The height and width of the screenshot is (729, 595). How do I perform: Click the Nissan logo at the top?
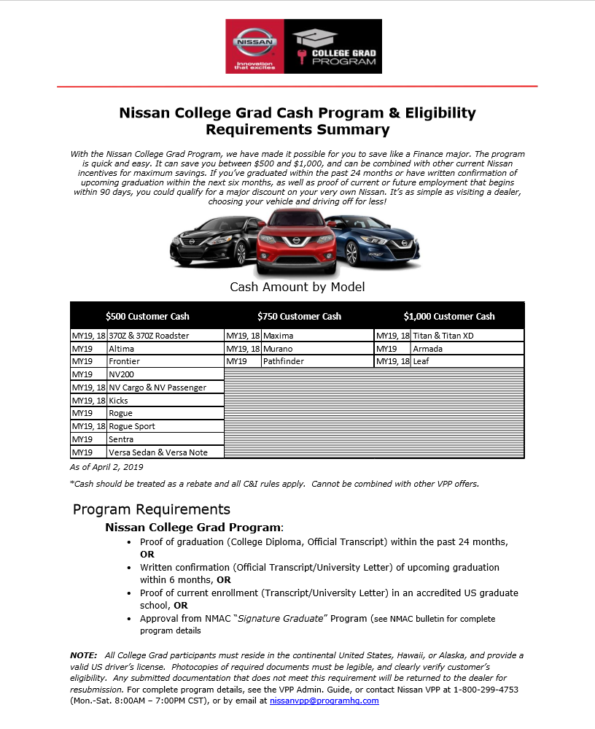254,46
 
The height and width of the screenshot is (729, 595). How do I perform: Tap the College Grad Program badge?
333,46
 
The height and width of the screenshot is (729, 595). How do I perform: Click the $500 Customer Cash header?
147,316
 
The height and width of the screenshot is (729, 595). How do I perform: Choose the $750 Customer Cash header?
299,316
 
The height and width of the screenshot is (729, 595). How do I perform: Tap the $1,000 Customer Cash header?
449,316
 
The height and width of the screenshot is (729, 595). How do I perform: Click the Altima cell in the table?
122,349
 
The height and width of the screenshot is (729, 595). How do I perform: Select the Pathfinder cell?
283,361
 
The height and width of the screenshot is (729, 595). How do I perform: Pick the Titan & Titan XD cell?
443,336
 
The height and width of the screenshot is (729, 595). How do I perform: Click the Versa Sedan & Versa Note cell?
158,452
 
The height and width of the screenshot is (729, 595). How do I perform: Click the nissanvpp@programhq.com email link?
324,701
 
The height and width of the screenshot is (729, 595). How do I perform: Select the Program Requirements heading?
152,509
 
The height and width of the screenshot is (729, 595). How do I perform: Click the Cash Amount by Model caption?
297,287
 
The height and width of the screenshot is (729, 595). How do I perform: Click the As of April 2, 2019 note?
107,467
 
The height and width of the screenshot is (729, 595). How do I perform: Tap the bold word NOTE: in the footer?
83,656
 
